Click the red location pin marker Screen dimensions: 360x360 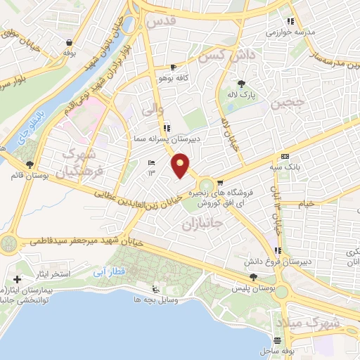tap(181, 166)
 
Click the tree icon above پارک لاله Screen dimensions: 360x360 tap(243, 83)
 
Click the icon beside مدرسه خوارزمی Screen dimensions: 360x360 tap(290, 21)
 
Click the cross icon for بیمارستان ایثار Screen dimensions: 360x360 tap(18, 280)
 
